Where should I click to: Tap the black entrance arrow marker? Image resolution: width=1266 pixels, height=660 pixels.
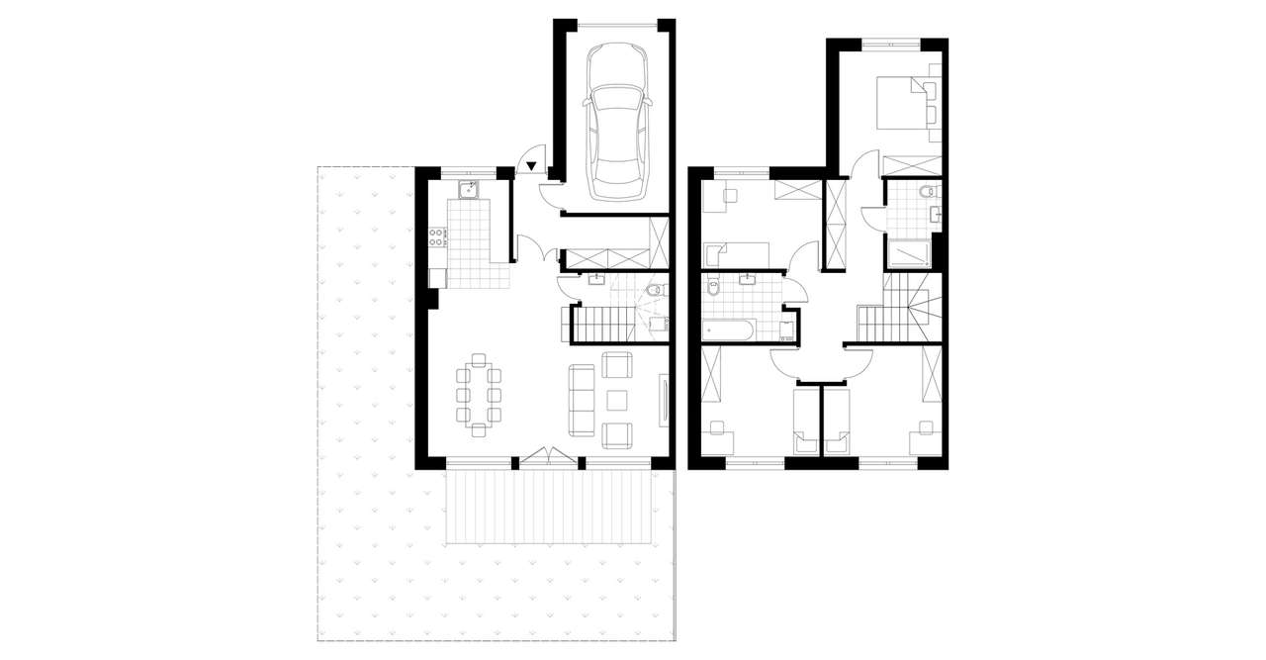[532, 166]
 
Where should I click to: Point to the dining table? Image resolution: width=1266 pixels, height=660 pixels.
[479, 393]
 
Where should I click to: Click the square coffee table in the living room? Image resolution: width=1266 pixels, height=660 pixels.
[617, 400]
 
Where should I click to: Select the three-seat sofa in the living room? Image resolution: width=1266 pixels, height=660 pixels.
[582, 401]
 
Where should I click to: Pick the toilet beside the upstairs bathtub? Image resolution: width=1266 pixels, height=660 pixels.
[714, 290]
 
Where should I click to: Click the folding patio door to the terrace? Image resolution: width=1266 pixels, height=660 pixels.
[548, 456]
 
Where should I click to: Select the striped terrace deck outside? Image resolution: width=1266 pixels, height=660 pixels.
[549, 506]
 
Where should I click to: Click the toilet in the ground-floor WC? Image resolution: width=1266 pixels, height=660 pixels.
[654, 289]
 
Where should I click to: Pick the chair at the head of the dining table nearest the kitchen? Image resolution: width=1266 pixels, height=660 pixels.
[479, 359]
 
